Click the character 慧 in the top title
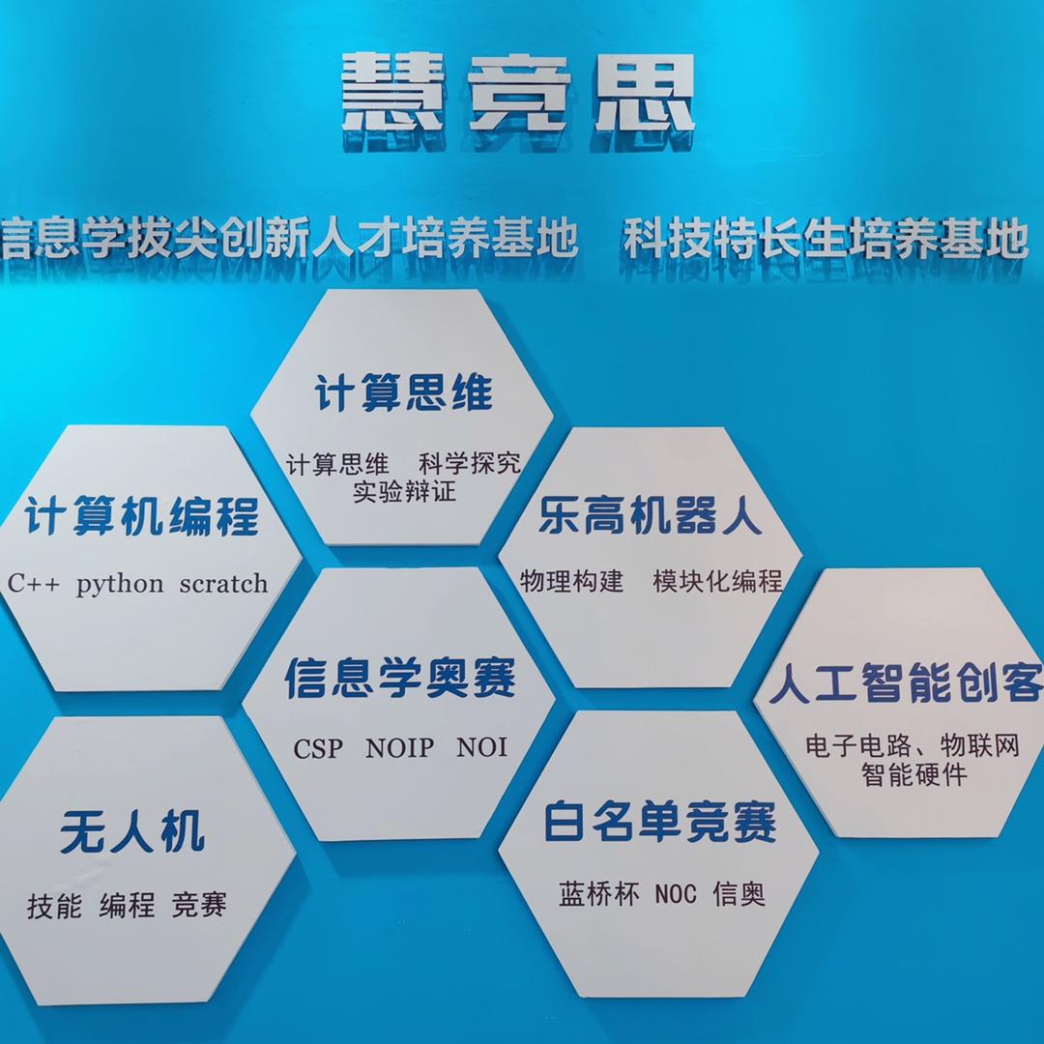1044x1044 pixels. click(x=392, y=94)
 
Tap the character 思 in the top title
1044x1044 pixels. click(x=644, y=94)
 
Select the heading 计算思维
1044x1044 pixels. click(x=403, y=393)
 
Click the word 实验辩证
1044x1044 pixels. click(x=404, y=491)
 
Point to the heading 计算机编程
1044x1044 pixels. click(x=142, y=516)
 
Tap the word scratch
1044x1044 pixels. click(x=223, y=584)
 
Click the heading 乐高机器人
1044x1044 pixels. click(x=651, y=517)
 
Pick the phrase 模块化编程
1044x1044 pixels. click(x=717, y=582)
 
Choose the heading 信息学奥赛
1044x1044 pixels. click(x=400, y=679)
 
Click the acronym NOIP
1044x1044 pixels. click(x=400, y=748)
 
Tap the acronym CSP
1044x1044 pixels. click(x=318, y=749)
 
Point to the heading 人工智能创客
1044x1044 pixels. click(x=906, y=683)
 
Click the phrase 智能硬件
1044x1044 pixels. click(x=913, y=775)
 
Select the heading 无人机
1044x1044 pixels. click(x=132, y=831)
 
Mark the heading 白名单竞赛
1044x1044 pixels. click(x=660, y=823)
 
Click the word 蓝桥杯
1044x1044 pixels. click(x=599, y=894)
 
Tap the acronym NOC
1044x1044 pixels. click(x=675, y=894)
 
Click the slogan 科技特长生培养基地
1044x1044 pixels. click(x=825, y=238)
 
